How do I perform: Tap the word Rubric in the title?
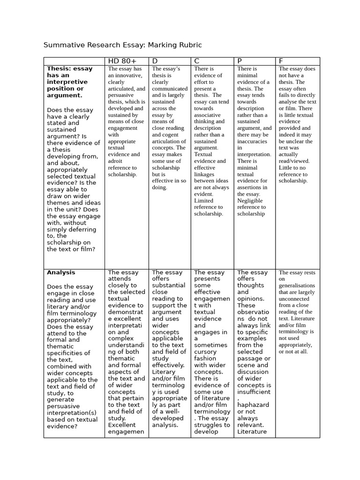click(190, 45)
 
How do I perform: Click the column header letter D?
click(155, 61)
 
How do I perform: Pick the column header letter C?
click(197, 61)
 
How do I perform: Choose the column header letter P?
click(240, 61)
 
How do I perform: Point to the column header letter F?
click(281, 61)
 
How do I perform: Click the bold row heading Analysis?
click(61, 272)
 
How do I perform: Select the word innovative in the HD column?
click(125, 75)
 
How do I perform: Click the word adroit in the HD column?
click(116, 161)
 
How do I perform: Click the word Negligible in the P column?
click(251, 200)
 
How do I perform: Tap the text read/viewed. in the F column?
click(294, 161)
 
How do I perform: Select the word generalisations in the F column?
click(297, 285)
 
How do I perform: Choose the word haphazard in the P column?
click(253, 405)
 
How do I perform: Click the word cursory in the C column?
click(205, 352)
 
